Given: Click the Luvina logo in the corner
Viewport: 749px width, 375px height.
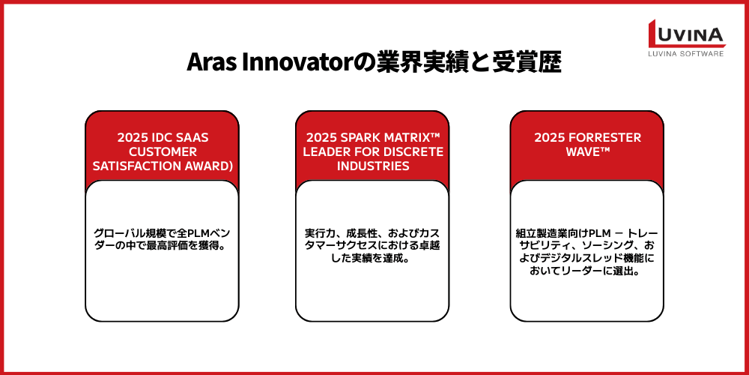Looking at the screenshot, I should click(x=686, y=34).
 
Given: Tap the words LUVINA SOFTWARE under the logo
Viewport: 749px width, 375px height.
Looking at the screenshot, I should click(x=686, y=54).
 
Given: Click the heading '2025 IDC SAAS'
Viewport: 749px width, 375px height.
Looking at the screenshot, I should click(x=162, y=138).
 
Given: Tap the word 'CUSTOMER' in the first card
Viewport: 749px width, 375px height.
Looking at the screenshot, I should click(x=162, y=152).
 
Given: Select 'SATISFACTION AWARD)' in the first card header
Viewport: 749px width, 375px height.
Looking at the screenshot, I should click(x=162, y=166).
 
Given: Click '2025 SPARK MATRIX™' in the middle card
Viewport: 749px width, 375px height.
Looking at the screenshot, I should click(x=372, y=138).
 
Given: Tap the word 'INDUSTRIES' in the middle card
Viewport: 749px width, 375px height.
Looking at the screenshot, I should click(x=372, y=166).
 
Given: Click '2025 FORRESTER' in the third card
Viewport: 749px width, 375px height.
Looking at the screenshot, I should click(x=586, y=138).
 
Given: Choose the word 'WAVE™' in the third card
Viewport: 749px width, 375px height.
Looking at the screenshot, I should click(x=586, y=152).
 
